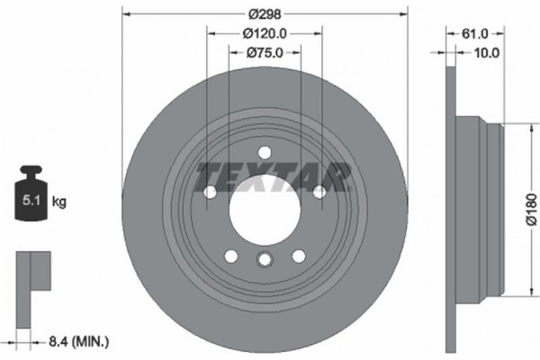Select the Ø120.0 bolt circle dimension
coord(264,33)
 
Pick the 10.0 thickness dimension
coord(487,52)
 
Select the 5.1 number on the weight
coord(29,202)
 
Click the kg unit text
coord(60,202)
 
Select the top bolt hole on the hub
coord(264,151)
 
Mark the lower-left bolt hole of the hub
coord(230,253)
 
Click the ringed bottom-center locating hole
coord(264,260)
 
